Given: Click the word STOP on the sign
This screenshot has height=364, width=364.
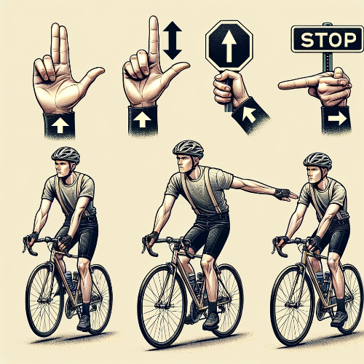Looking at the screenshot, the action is coord(328,40).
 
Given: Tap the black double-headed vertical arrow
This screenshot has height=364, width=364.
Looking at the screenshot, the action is coord(173,41).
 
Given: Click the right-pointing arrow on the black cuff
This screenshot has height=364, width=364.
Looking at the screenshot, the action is coord(337,119).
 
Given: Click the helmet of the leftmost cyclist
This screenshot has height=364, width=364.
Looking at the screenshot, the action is coord(66,155).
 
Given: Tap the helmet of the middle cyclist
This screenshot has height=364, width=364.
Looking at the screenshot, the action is coord(189,149).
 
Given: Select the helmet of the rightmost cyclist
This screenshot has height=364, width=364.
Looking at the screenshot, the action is coord(317,161).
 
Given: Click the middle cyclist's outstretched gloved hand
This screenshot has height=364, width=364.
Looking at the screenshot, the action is coord(286,195).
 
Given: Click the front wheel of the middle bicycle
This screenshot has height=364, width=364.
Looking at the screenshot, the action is coord(163,309).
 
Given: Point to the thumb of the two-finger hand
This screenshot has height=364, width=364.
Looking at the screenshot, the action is coord(91,76).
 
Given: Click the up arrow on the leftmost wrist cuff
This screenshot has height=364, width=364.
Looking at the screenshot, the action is coord(60,125).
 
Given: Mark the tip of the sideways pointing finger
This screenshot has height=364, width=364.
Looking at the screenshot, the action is coord(280,85).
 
